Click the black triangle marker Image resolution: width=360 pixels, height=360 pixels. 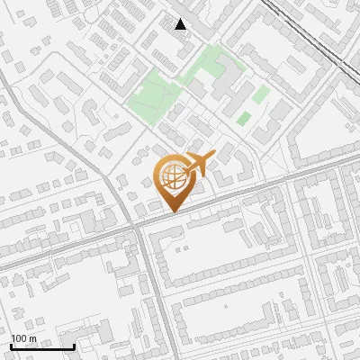pyautogui.click(x=181, y=24)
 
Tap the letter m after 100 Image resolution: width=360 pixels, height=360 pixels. pyautogui.click(x=33, y=338)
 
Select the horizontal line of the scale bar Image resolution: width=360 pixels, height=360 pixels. pyautogui.click(x=41, y=346)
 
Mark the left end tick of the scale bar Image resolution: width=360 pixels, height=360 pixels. pyautogui.click(x=11, y=345)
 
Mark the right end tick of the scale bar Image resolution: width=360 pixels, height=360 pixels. pyautogui.click(x=73, y=345)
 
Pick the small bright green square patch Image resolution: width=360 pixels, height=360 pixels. pyautogui.click(x=243, y=118)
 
